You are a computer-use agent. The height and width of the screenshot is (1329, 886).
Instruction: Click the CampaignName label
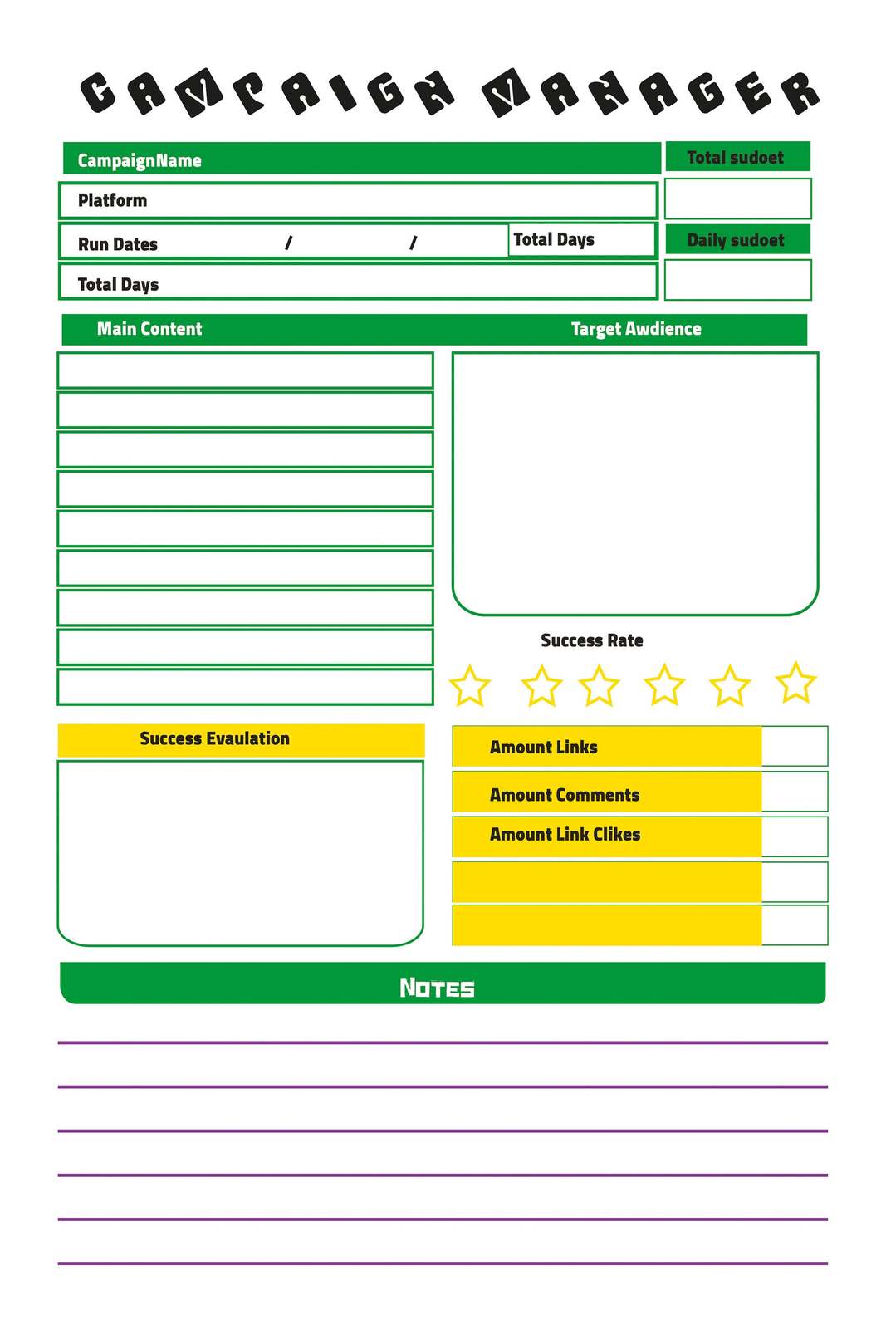pyautogui.click(x=140, y=160)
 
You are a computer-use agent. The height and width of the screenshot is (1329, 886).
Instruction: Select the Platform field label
pyautogui.click(x=112, y=200)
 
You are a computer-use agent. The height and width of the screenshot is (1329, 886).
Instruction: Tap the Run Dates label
pyautogui.click(x=118, y=244)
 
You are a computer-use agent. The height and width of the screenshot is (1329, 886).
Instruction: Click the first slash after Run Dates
pyautogui.click(x=288, y=243)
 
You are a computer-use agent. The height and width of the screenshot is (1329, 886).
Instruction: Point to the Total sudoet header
pyautogui.click(x=736, y=157)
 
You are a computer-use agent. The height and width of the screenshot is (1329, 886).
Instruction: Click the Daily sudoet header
pyautogui.click(x=736, y=240)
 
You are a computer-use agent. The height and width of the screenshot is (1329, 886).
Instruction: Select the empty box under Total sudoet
pyautogui.click(x=737, y=199)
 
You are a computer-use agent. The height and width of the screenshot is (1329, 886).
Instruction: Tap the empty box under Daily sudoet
pyautogui.click(x=737, y=280)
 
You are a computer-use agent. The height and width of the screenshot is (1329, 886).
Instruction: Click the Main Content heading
pyautogui.click(x=149, y=329)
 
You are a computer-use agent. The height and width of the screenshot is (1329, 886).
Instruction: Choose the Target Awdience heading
pyautogui.click(x=636, y=329)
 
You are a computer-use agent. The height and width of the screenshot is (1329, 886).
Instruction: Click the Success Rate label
pyautogui.click(x=592, y=640)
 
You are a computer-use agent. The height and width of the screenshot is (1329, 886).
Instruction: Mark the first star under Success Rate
pyautogui.click(x=470, y=686)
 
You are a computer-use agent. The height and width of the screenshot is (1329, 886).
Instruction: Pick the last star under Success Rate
pyautogui.click(x=795, y=683)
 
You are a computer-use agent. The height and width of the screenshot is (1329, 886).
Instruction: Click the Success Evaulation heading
pyautogui.click(x=214, y=738)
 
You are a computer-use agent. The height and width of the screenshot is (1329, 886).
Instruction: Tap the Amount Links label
pyautogui.click(x=544, y=747)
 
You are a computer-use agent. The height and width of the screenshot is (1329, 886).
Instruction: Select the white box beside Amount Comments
pyautogui.click(x=795, y=792)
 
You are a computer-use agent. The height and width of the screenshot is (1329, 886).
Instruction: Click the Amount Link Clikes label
pyautogui.click(x=565, y=834)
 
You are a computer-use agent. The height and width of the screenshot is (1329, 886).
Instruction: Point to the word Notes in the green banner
pyautogui.click(x=437, y=988)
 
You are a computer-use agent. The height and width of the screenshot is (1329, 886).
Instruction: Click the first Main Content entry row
pyautogui.click(x=245, y=370)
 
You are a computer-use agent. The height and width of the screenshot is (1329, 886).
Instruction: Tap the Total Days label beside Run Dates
pyautogui.click(x=554, y=239)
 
